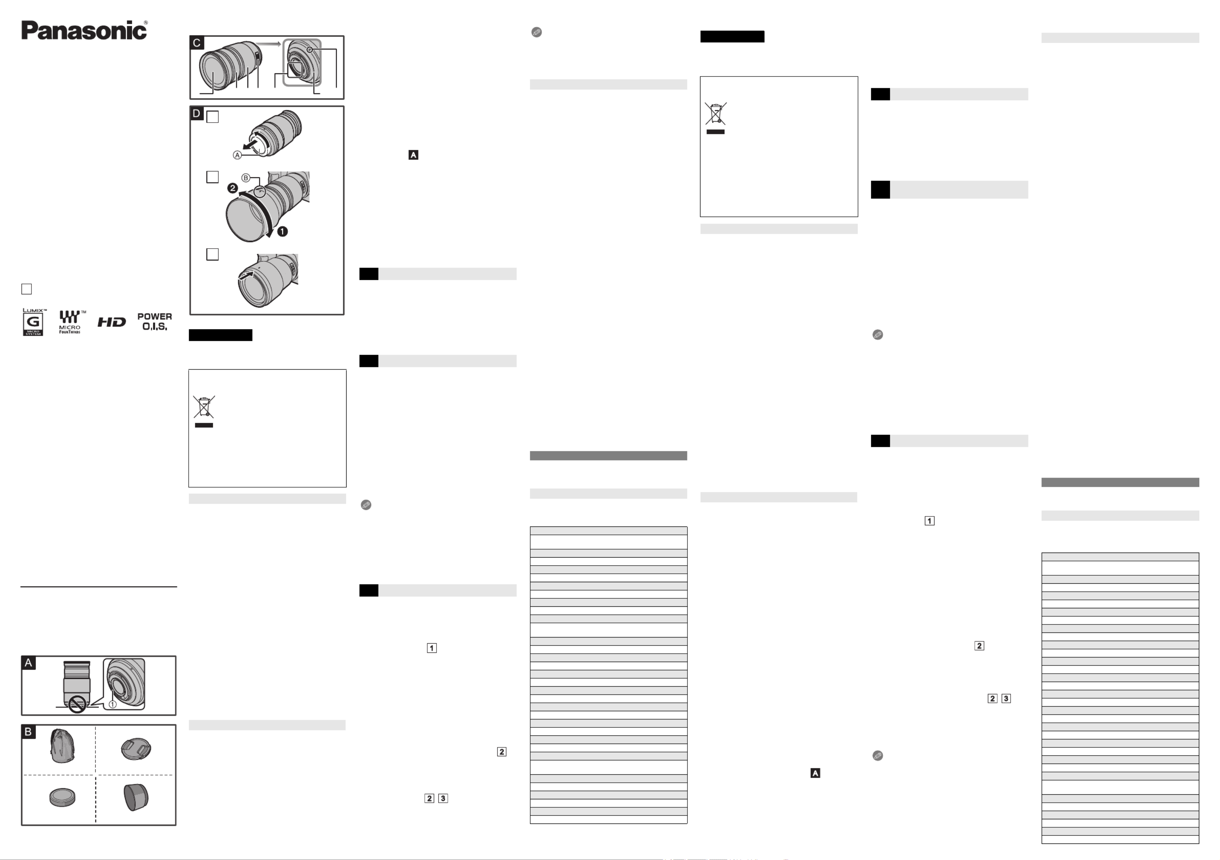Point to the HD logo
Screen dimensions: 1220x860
point(111,322)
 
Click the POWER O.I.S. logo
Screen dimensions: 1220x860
point(154,322)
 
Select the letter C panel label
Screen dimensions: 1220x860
point(197,43)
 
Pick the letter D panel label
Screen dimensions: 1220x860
point(197,113)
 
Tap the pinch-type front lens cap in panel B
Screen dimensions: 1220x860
point(136,749)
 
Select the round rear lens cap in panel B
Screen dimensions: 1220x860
point(62,797)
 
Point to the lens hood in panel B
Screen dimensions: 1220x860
point(136,797)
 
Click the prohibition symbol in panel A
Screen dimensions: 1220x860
point(78,705)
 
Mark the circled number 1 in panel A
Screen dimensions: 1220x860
point(113,704)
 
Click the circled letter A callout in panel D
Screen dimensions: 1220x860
point(237,155)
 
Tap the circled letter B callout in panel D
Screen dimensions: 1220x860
point(246,178)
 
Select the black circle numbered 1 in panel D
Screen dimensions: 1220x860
point(282,231)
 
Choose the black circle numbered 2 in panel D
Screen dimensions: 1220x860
point(232,188)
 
